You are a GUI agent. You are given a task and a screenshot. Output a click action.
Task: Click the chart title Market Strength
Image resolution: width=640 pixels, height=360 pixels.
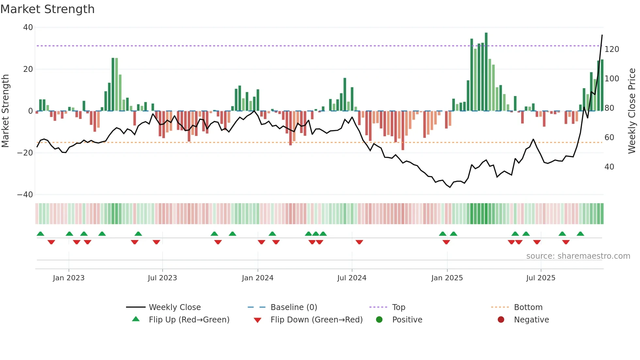click(47, 9)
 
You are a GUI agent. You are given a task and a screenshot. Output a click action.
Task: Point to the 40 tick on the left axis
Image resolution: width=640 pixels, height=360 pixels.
click(28, 27)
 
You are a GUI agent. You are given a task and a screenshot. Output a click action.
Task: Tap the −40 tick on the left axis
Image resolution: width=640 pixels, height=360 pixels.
click(25, 195)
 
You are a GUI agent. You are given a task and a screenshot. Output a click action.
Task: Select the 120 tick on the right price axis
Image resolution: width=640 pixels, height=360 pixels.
click(612, 49)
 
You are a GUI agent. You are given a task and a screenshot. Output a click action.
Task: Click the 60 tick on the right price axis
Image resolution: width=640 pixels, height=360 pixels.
click(609, 138)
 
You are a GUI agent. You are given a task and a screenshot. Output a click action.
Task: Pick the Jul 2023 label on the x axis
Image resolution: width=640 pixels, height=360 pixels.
click(162, 278)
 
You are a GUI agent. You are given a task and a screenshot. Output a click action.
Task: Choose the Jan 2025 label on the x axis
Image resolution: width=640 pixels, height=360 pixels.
click(447, 278)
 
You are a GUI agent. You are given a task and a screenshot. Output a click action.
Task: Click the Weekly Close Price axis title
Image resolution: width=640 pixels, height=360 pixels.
click(632, 111)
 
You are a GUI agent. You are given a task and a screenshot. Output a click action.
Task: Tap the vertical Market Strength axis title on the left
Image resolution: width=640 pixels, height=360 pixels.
click(6, 111)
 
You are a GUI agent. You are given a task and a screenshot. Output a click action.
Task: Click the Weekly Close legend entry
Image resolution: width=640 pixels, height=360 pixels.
click(174, 307)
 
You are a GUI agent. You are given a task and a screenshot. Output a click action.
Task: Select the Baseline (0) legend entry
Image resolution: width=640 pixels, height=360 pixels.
click(294, 307)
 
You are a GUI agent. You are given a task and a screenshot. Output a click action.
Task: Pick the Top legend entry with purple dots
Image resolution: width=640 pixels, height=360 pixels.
click(398, 307)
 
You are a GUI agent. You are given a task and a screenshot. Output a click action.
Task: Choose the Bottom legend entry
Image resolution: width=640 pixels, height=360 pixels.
click(528, 307)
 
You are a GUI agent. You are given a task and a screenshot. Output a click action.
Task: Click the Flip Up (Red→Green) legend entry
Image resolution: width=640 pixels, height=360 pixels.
click(189, 320)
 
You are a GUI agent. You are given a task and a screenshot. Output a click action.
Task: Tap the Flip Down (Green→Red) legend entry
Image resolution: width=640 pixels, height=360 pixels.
click(316, 320)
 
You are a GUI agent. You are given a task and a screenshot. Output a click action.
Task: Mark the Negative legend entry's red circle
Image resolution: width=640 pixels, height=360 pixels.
click(501, 320)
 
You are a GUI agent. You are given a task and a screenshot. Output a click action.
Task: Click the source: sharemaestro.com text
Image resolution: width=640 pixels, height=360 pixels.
click(578, 256)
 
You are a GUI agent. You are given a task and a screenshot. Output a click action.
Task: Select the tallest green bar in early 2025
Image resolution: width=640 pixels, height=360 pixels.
click(486, 72)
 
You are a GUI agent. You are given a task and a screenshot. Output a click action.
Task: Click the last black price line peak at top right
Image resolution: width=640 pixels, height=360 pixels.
click(602, 35)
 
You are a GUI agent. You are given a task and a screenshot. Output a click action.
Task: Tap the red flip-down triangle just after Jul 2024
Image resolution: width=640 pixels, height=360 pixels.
click(359, 242)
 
